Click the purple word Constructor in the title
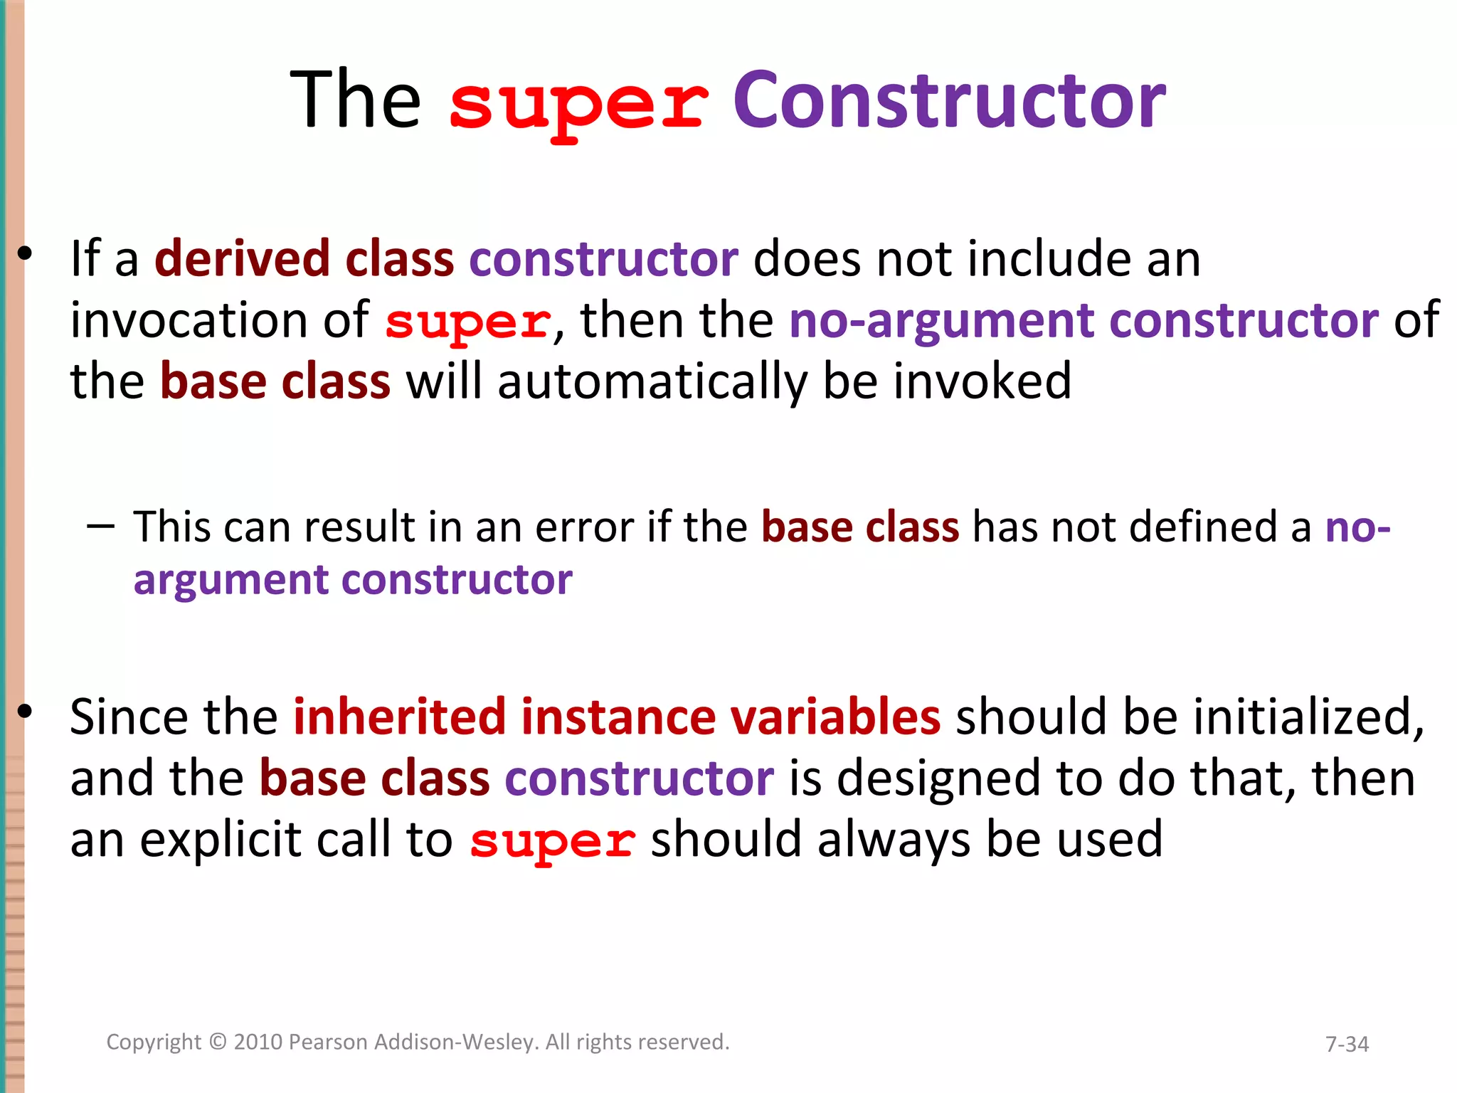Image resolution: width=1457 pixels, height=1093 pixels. tap(949, 101)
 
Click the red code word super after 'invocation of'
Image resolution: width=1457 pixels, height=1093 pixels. tap(468, 322)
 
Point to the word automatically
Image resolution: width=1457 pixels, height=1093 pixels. tap(652, 382)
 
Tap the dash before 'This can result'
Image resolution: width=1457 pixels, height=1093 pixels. tap(100, 527)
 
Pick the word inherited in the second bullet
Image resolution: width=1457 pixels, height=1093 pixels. tap(399, 717)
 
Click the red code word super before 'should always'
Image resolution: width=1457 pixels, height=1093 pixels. tap(552, 841)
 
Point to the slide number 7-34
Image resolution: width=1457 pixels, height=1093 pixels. tap(1347, 1044)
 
